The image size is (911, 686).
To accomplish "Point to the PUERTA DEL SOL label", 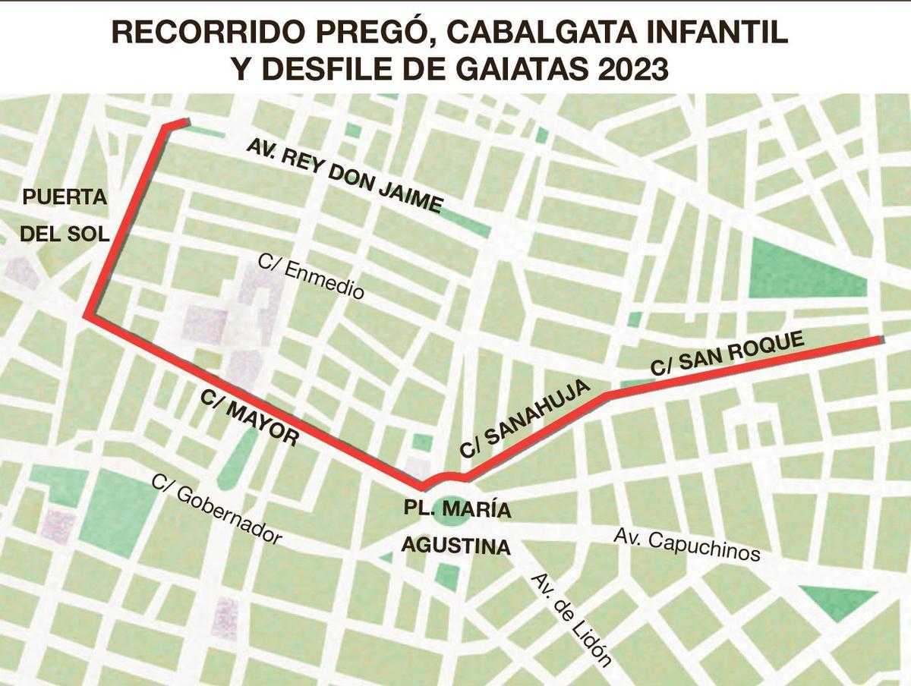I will tap(65, 216).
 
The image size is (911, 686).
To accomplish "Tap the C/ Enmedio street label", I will tap(311, 275).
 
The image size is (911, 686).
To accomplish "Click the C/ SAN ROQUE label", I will tap(727, 354).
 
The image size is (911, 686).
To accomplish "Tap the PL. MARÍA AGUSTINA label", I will tap(455, 527).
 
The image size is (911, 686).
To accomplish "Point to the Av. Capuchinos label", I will tap(686, 546).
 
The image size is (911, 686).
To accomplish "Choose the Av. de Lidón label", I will tap(571, 618).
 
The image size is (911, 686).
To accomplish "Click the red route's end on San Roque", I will tap(881, 339).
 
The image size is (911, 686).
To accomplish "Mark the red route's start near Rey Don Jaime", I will tap(184, 121).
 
